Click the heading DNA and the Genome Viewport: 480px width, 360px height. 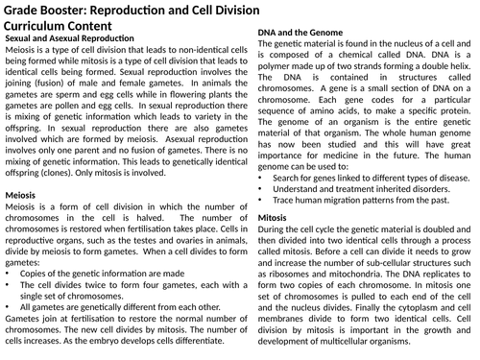pos(302,33)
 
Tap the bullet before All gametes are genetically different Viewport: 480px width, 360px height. pos(9,307)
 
